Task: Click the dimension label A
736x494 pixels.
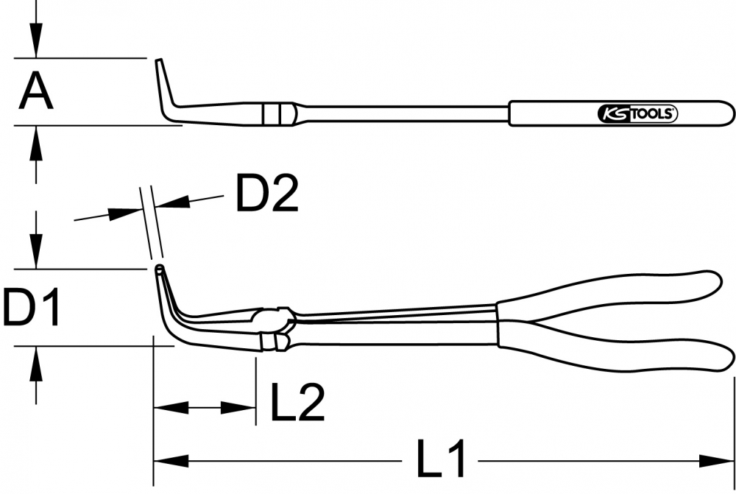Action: click(36, 92)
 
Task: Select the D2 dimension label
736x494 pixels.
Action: click(267, 193)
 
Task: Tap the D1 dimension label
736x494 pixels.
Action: click(32, 308)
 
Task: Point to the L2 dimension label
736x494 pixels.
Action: click(297, 403)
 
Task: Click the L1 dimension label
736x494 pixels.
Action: click(441, 458)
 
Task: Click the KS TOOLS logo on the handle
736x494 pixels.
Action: click(637, 113)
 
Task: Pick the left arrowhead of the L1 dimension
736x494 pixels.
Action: click(171, 461)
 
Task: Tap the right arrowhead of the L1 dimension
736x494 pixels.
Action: click(716, 461)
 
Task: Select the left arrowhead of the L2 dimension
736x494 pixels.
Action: click(171, 408)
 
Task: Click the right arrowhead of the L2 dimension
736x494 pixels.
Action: click(238, 408)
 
